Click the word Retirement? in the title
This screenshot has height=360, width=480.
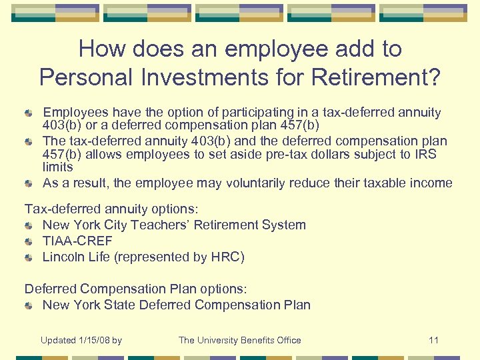(x=375, y=77)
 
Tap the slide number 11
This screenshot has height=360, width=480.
(x=433, y=340)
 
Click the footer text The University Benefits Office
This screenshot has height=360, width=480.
(x=239, y=340)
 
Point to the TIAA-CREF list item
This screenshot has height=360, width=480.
(x=77, y=241)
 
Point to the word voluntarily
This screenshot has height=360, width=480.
(x=258, y=183)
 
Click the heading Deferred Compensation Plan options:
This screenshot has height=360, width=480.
(x=135, y=289)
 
